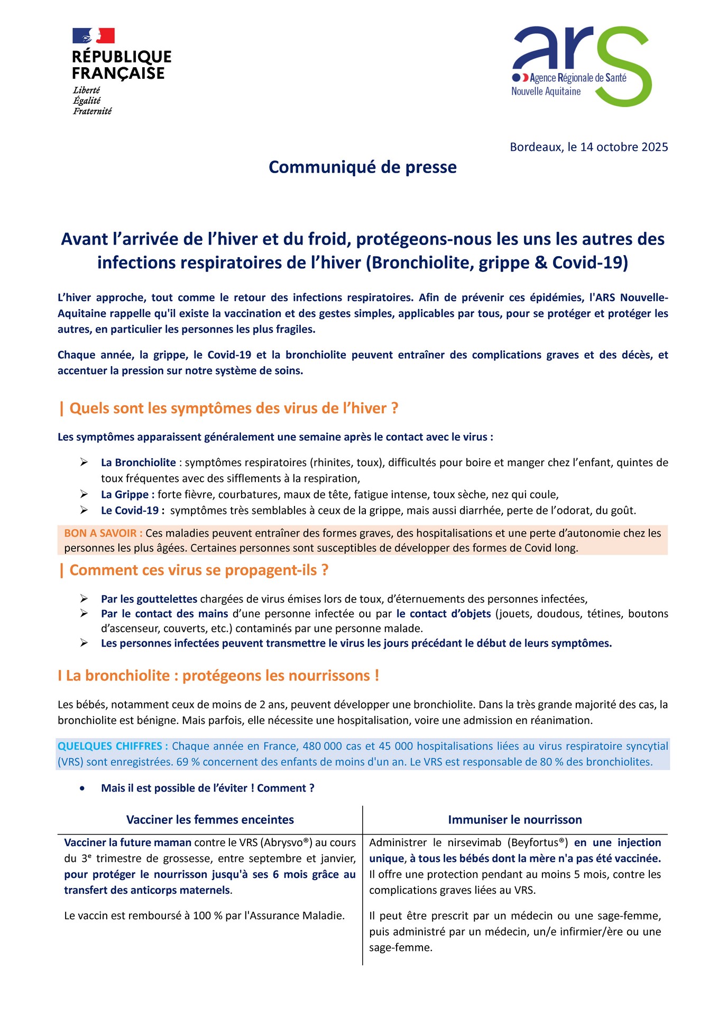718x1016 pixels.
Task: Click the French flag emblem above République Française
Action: click(x=94, y=36)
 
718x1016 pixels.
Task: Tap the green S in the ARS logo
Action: click(x=624, y=66)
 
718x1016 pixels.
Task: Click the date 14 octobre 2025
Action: click(x=624, y=147)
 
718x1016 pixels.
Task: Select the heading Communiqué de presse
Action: click(x=362, y=167)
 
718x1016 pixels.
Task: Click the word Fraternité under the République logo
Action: click(x=92, y=111)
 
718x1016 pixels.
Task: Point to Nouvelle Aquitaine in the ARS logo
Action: click(x=546, y=92)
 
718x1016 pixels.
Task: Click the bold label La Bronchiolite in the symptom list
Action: click(x=138, y=462)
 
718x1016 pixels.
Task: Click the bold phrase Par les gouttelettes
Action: click(x=149, y=599)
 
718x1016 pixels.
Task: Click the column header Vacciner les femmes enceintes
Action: click(x=210, y=820)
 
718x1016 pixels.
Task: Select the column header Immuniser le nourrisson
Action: click(x=514, y=820)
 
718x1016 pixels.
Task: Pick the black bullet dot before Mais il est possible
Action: click(x=82, y=788)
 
